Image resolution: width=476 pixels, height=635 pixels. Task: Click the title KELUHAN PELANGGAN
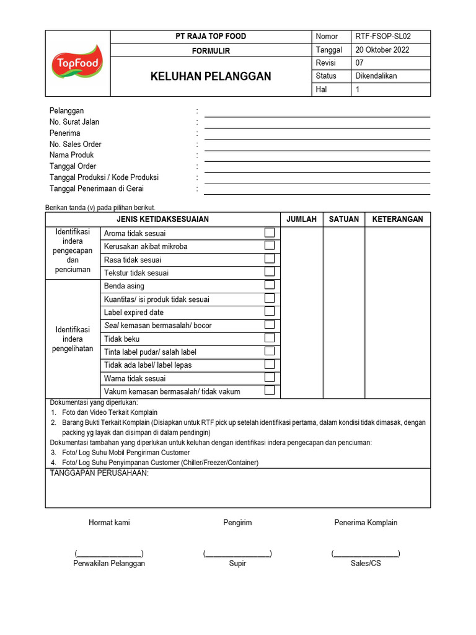211,76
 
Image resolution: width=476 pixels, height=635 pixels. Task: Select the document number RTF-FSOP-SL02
382,37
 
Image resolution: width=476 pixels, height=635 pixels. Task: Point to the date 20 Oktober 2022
382,50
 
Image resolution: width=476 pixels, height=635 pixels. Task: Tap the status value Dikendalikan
376,76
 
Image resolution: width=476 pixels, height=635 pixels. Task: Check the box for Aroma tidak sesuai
270,233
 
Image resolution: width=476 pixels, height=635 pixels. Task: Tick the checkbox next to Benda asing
270,285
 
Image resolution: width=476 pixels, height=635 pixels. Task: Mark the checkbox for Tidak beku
270,338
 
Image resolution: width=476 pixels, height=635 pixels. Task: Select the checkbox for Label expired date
270,312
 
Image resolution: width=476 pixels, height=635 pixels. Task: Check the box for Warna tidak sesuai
270,378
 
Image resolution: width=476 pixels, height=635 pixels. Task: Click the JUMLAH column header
301,220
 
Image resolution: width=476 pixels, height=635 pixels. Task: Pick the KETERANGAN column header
397,220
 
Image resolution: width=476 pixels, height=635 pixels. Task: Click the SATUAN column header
343,220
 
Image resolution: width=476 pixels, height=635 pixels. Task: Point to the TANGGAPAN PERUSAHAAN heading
99,474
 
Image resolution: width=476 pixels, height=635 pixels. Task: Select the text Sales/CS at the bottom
366,564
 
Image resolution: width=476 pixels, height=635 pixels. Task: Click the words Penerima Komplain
366,523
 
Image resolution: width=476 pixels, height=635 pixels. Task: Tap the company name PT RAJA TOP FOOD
211,37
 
